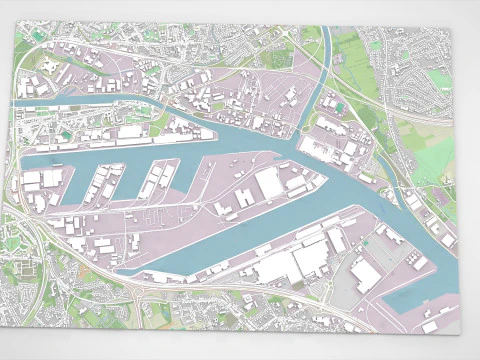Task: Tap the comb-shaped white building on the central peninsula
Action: point(243,197)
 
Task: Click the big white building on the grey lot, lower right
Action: point(365,274)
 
